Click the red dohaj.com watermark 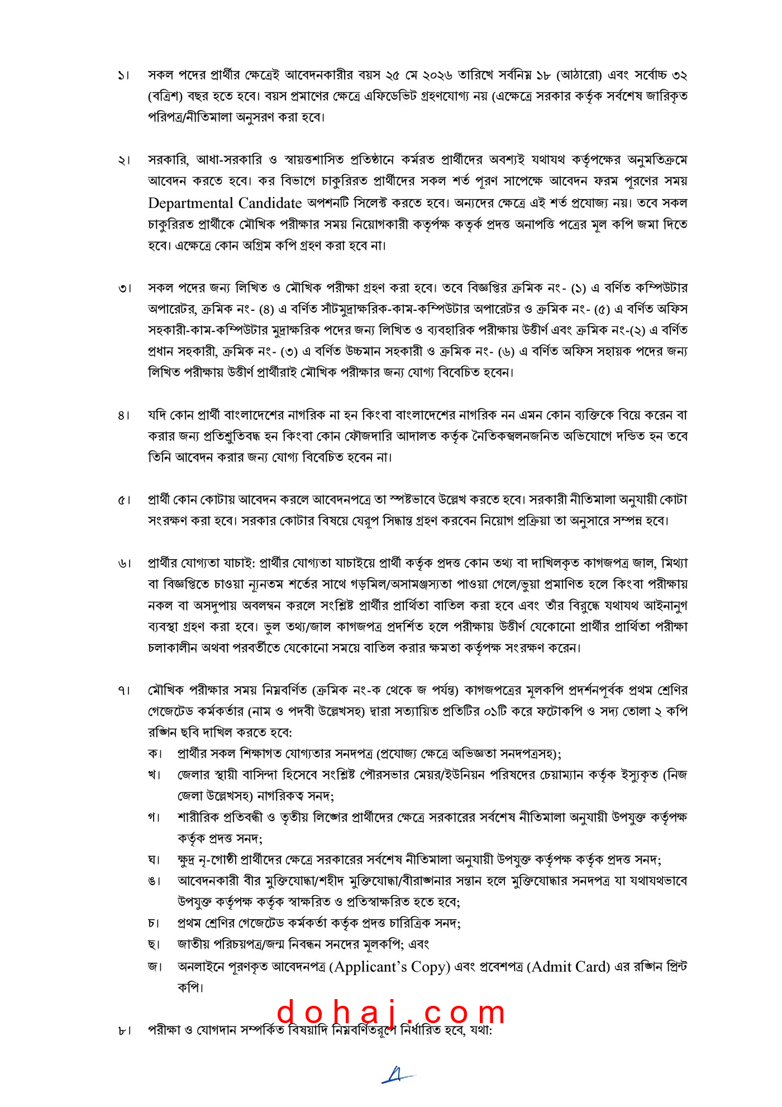[391, 1013]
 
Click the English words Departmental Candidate [225, 203]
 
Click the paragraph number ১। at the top [123, 75]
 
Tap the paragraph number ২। [123, 160]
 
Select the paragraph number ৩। [124, 288]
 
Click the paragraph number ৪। [123, 416]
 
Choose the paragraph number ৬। [123, 564]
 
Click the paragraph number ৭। [123, 691]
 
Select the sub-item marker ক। [155, 754]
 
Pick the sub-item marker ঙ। [155, 881]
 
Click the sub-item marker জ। [155, 966]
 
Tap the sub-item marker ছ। [155, 944]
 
